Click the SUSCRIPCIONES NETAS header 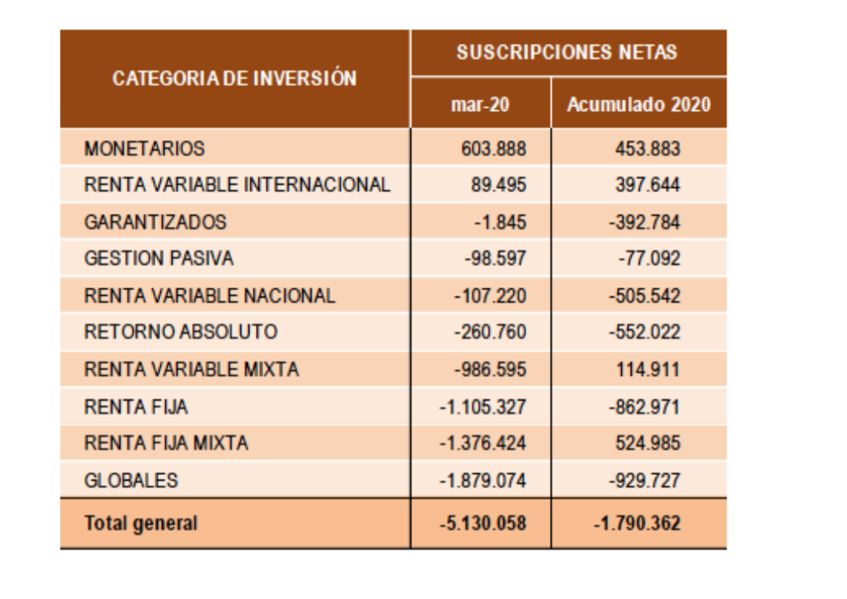(567, 53)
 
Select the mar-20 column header (480, 104)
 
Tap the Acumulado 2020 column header (638, 104)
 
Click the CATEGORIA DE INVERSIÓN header (234, 79)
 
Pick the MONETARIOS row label (144, 149)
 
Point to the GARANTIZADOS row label (155, 222)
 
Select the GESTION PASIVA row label (159, 258)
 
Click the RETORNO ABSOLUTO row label (181, 332)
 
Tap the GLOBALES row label (130, 480)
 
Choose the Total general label (140, 523)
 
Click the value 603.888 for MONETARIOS (493, 149)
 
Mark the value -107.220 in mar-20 (490, 295)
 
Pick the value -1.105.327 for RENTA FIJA (483, 406)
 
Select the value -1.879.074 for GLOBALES (483, 480)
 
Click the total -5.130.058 (483, 523)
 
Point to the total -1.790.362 (637, 523)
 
